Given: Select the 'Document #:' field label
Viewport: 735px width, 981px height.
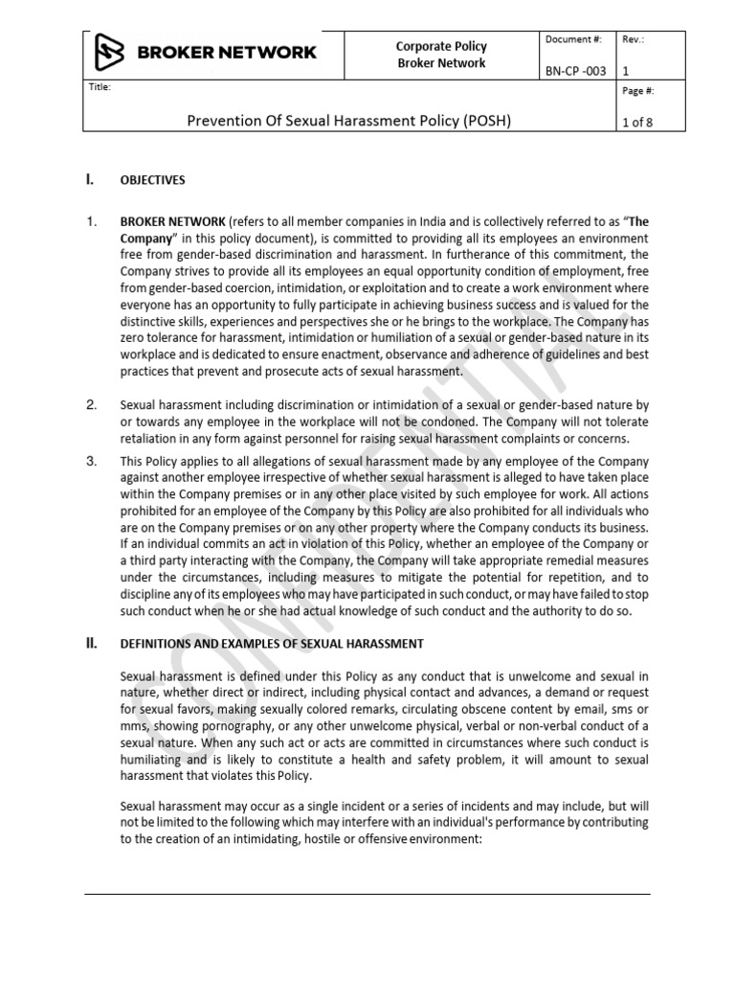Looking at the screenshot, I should tap(573, 38).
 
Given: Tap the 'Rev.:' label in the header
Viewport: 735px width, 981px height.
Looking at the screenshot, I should tap(634, 38).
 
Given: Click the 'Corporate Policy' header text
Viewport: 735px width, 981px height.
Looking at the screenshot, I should tap(441, 46).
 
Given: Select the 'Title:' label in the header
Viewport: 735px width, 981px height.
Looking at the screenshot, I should tap(98, 86).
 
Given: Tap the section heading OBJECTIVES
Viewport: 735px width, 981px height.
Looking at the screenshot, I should tap(152, 179).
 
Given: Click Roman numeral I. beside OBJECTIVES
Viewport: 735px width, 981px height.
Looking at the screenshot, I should tap(90, 179).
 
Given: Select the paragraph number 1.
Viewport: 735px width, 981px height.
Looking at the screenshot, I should tap(91, 221).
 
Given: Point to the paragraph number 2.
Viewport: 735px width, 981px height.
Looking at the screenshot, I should tap(91, 404).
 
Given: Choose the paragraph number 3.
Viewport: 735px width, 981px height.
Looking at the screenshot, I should tap(91, 461).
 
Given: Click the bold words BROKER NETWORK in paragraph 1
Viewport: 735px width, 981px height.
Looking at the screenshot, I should tap(172, 221).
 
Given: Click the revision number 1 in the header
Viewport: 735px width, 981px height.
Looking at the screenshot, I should tap(626, 71).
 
